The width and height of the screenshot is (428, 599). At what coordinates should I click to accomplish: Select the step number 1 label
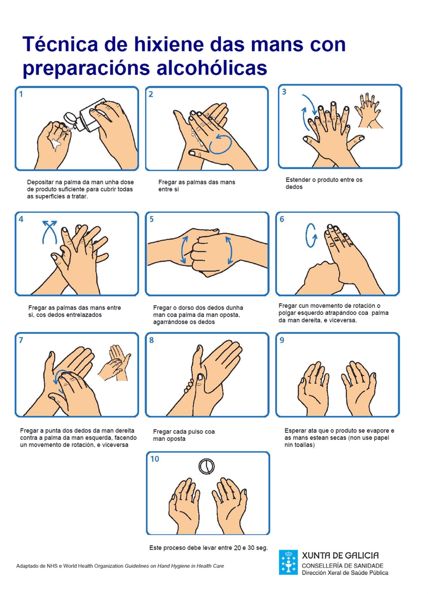(21, 94)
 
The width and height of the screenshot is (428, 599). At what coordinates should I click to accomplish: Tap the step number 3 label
(284, 92)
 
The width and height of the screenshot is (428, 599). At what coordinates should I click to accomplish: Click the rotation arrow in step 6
(311, 235)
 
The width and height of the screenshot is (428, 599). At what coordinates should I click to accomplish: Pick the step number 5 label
(152, 219)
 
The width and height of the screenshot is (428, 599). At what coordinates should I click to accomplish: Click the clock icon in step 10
(206, 466)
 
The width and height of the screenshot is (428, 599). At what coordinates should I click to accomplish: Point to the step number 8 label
(151, 340)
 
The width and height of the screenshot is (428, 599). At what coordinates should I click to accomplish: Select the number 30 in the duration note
(251, 548)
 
